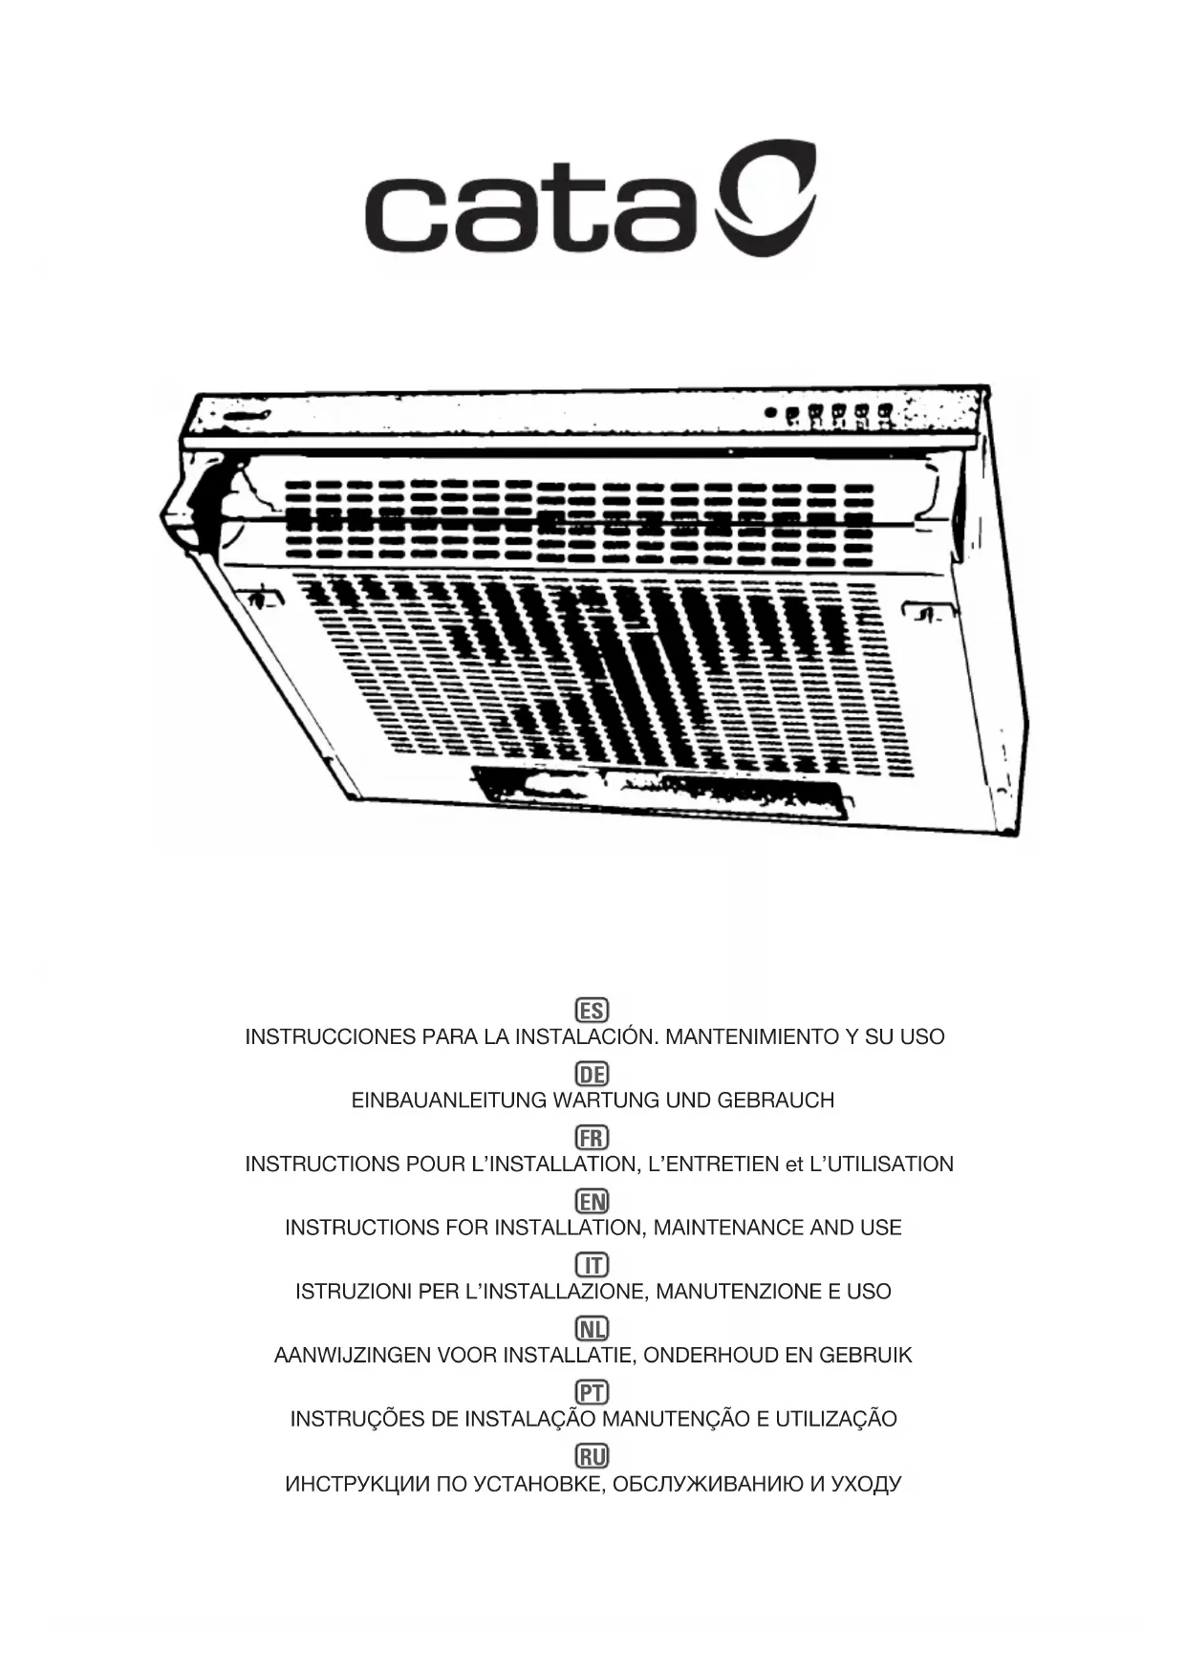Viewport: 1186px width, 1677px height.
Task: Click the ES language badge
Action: coord(593,1010)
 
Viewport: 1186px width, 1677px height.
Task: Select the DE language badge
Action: coord(593,1074)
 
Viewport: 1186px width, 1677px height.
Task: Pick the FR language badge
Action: coord(593,1138)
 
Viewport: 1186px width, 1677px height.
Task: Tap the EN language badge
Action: coord(593,1201)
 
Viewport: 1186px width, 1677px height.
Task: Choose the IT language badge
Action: coord(593,1265)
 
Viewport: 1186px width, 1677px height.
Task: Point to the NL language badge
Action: coord(593,1329)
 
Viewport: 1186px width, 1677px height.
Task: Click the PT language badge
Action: coord(593,1392)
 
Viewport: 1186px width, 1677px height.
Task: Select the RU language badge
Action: coord(593,1456)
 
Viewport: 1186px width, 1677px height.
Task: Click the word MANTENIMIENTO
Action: coord(750,1036)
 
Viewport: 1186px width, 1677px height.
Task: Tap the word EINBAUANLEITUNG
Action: coord(449,1100)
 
